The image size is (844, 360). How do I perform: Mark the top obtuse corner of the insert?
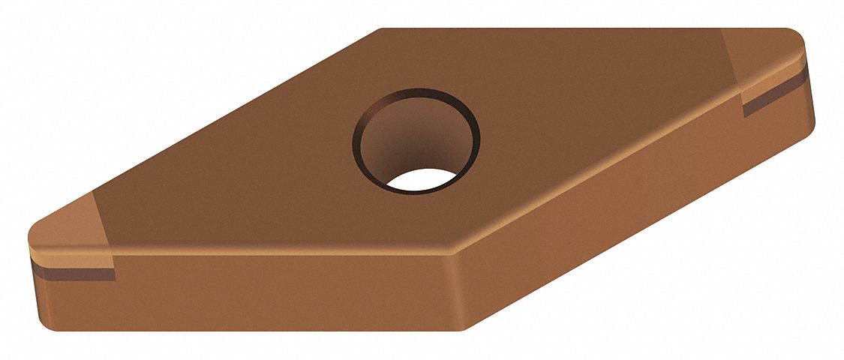[383, 31]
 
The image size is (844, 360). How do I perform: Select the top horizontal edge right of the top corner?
[563, 29]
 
